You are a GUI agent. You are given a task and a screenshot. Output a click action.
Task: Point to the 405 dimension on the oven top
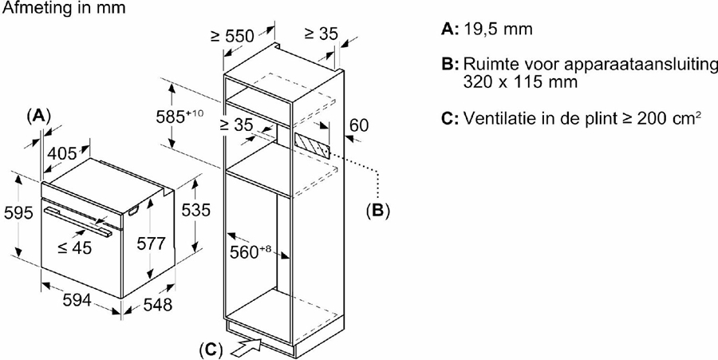tap(61, 153)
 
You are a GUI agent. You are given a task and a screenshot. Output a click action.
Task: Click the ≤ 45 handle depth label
tap(74, 247)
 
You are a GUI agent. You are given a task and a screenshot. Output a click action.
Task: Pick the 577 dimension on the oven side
tap(151, 244)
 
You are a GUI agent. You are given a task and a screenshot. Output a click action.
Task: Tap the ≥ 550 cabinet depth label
tap(232, 35)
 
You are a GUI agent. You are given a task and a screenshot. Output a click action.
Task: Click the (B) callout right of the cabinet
tap(377, 211)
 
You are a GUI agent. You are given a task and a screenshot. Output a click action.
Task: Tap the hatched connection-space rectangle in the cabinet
tap(312, 144)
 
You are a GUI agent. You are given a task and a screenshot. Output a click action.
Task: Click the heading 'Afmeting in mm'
tap(52, 7)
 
